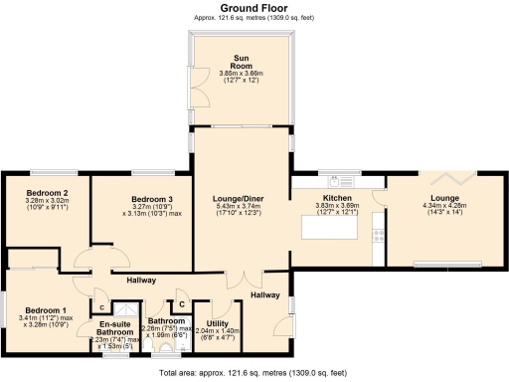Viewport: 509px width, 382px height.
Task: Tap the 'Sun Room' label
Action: coord(243,60)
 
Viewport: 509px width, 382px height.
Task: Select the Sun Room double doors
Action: coord(196,86)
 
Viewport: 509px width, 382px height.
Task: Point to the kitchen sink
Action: coord(335,181)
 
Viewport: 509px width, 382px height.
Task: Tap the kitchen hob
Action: coord(379,237)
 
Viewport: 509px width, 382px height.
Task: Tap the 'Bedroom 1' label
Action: coord(46,309)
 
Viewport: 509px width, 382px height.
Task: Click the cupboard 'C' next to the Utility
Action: coord(182,302)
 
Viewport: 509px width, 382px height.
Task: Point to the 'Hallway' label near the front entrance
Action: coord(264,295)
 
